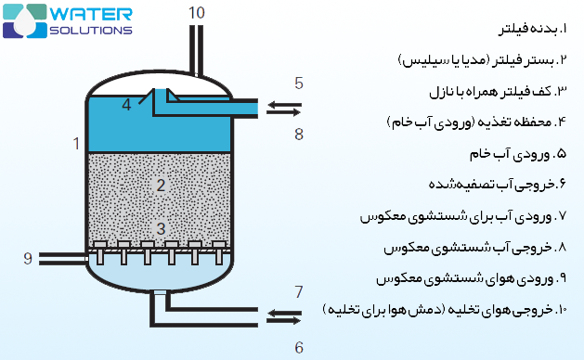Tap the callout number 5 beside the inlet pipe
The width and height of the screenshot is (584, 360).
(x=298, y=84)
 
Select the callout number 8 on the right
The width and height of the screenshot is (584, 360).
(x=298, y=134)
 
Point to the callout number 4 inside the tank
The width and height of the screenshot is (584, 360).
(x=126, y=104)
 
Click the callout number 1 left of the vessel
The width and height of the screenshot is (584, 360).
(x=75, y=143)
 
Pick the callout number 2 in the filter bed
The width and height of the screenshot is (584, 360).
(x=160, y=185)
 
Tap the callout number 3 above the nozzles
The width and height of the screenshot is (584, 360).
(x=160, y=227)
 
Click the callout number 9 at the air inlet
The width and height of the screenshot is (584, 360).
(x=28, y=257)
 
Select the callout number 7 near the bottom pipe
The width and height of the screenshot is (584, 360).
(x=298, y=292)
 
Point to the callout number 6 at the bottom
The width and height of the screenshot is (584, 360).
(x=298, y=347)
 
